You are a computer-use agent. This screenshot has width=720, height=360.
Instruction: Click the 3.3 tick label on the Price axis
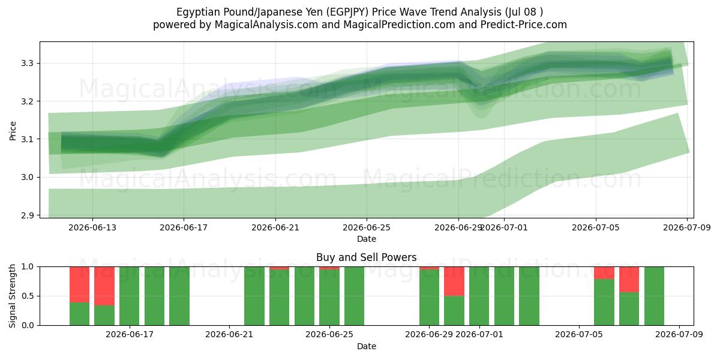point(27,64)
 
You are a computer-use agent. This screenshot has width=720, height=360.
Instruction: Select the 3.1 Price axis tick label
point(27,139)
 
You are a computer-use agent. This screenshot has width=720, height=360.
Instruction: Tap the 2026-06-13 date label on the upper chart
point(92,227)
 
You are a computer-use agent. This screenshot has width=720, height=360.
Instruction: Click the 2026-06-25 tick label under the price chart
point(367,227)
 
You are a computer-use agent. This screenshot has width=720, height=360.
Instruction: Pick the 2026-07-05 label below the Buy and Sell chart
point(579,334)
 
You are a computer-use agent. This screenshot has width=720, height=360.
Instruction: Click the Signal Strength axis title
point(12,296)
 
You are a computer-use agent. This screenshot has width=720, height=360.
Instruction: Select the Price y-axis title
point(13,131)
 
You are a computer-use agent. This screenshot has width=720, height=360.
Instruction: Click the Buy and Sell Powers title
point(367,257)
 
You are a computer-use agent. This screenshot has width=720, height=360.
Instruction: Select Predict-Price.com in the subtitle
point(524,25)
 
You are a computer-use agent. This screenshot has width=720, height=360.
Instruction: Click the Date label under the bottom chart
point(367,346)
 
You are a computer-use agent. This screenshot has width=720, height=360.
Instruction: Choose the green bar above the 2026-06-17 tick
point(129,296)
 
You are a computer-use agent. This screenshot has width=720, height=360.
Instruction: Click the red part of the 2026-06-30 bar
point(454,281)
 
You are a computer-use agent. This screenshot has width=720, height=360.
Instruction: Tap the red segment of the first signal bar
point(79,284)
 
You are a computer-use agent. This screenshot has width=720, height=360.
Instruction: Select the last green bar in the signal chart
point(654,296)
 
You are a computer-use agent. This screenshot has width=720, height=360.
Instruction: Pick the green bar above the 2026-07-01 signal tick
point(479,296)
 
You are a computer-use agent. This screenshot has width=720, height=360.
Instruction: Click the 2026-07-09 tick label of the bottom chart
point(679,334)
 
